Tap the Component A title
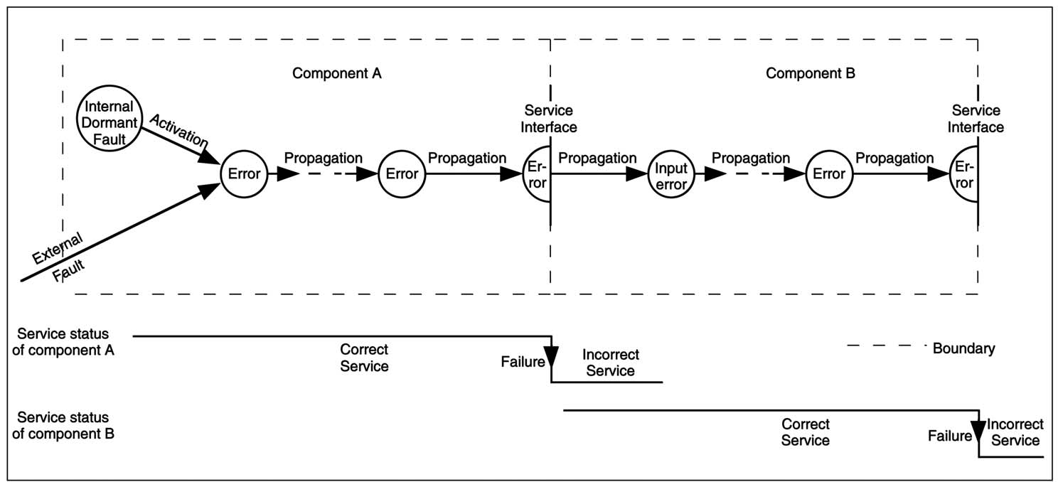(x=337, y=73)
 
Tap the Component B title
(x=811, y=73)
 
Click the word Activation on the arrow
(x=178, y=130)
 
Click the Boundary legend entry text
(x=963, y=348)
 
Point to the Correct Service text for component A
(x=364, y=358)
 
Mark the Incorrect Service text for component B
(x=1015, y=432)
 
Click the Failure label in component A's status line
(x=523, y=360)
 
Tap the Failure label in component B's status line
(x=949, y=436)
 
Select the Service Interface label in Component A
(x=548, y=119)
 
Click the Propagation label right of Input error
(x=751, y=158)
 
